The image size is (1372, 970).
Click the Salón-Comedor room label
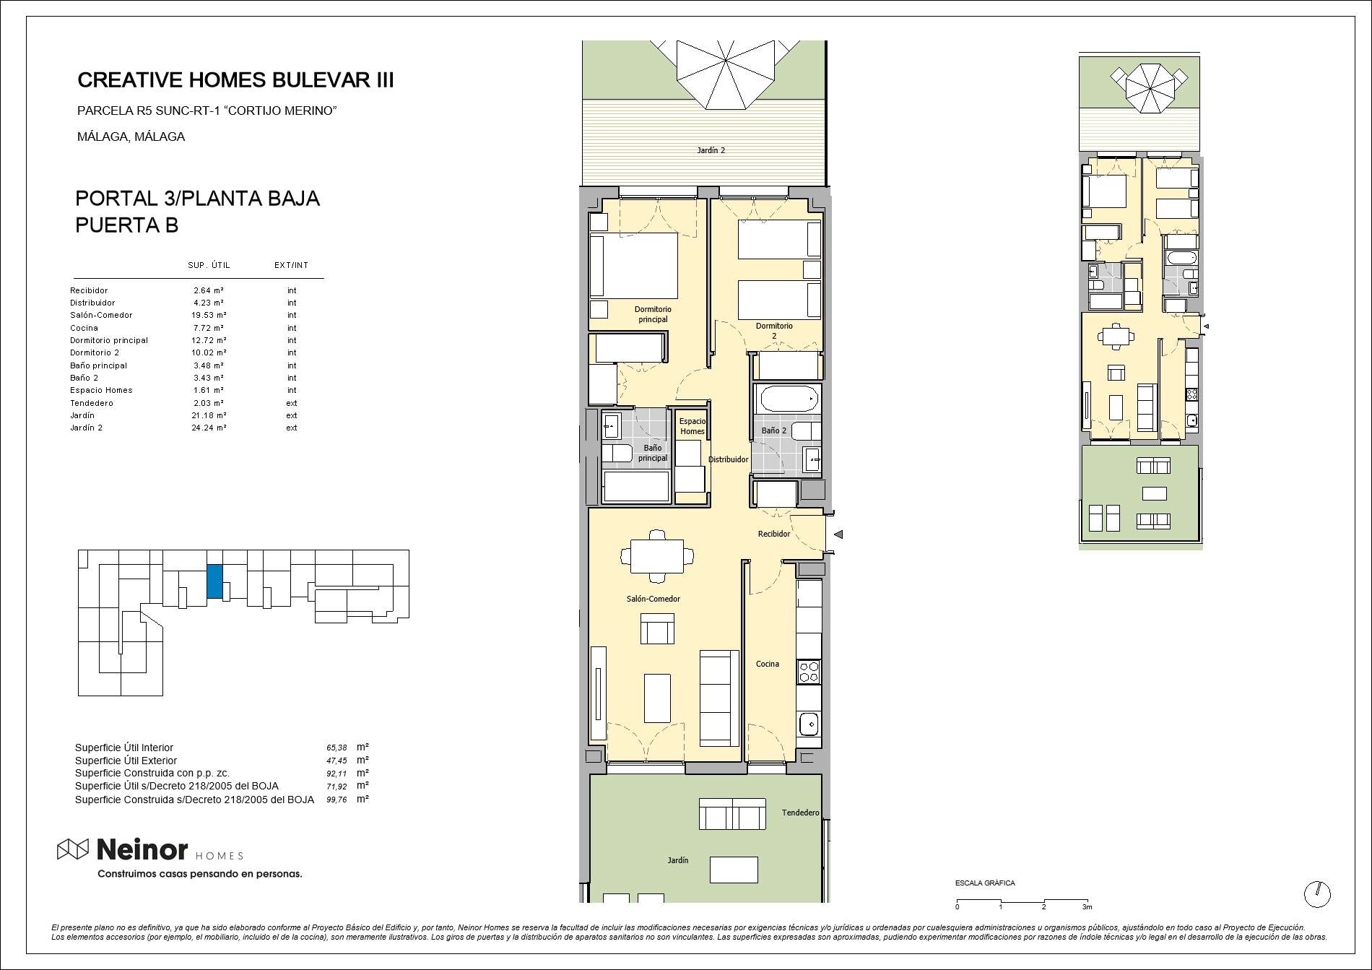pos(654,599)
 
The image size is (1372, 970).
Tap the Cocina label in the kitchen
pos(768,664)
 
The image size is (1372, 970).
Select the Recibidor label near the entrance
pos(774,534)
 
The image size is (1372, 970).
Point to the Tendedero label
pos(801,813)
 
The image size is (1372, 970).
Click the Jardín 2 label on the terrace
pos(711,150)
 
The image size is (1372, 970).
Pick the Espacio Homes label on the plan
pos(692,426)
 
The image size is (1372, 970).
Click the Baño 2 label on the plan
pos(774,430)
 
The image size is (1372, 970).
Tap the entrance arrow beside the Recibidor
pos(838,534)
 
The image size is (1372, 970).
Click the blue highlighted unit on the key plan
pos(214,581)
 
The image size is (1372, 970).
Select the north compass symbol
pos(1317,894)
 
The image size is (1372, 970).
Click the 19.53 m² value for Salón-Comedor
pos(209,315)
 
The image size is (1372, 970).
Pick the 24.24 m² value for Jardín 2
pos(209,428)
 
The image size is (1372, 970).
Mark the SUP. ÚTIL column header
pos(209,265)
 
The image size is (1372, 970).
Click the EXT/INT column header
pos(292,265)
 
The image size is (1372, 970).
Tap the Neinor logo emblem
pos(73,850)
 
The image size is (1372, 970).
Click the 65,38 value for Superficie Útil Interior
pos(337,748)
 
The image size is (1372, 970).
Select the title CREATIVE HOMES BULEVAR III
pos(235,80)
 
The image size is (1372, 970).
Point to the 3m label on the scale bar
pos(1087,907)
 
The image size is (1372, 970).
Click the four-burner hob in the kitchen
pos(809,672)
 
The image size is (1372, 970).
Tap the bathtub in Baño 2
pos(787,399)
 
